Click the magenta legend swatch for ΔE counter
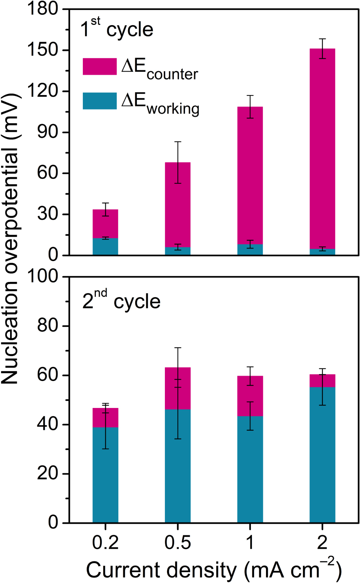tap(100, 67)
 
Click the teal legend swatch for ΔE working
tap(100, 101)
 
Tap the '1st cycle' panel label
tap(117, 29)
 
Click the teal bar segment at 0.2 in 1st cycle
tap(105, 247)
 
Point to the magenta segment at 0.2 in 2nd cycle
tap(105, 418)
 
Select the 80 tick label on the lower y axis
tap(47, 326)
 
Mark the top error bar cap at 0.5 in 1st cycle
tap(177, 142)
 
